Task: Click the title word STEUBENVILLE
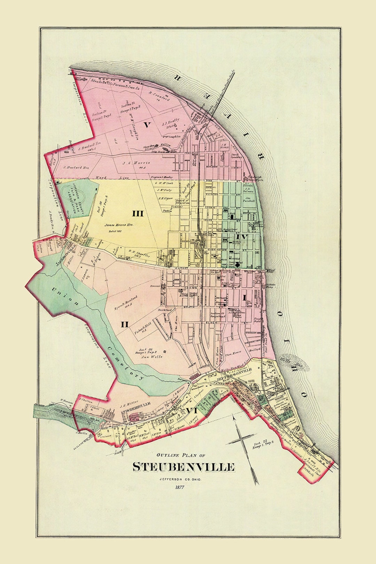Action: point(183,467)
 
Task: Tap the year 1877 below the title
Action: point(180,487)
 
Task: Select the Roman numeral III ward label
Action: point(138,213)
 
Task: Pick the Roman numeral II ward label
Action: point(125,324)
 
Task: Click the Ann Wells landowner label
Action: point(151,357)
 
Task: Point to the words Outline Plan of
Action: point(181,455)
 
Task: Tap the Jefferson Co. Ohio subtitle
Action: point(180,479)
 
